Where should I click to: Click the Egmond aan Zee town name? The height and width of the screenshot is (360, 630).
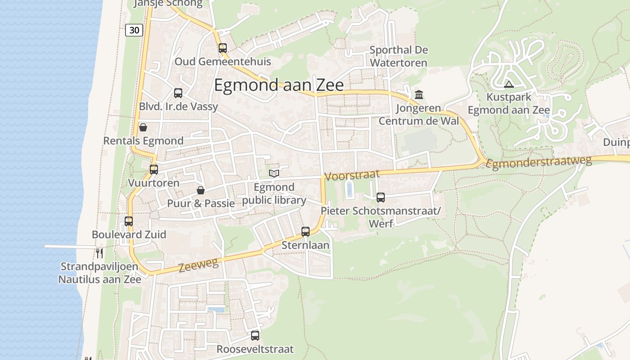pos(279,85)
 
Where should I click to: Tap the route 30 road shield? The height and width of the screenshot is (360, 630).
pos(134,30)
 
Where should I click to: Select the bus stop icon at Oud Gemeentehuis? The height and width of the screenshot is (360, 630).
pos(223,48)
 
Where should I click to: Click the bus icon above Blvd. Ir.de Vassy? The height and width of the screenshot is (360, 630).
pos(178,93)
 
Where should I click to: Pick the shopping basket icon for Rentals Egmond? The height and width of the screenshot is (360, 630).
pos(143,127)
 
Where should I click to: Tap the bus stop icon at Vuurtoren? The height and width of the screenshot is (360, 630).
pos(154,170)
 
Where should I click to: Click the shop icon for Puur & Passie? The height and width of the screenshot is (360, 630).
pos(201,190)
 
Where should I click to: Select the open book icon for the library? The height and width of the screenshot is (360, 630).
pos(274,173)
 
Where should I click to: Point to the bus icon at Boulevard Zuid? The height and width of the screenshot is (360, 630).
pos(129,221)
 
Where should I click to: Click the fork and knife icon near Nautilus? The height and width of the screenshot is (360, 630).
pos(99,253)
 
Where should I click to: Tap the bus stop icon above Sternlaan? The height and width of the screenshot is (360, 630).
pos(306,232)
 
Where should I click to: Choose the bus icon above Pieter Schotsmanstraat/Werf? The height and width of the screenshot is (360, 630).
pos(381,197)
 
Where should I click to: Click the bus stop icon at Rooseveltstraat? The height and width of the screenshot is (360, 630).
pos(255,336)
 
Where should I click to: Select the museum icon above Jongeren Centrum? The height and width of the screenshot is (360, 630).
pos(419,95)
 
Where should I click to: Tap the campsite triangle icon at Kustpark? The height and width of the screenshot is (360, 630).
pos(509,84)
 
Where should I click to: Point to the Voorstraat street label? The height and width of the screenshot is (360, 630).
pos(351,175)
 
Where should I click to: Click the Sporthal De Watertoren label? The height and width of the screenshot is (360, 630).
pos(398,56)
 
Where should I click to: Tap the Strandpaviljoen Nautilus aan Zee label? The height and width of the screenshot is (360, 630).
pos(100,273)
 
